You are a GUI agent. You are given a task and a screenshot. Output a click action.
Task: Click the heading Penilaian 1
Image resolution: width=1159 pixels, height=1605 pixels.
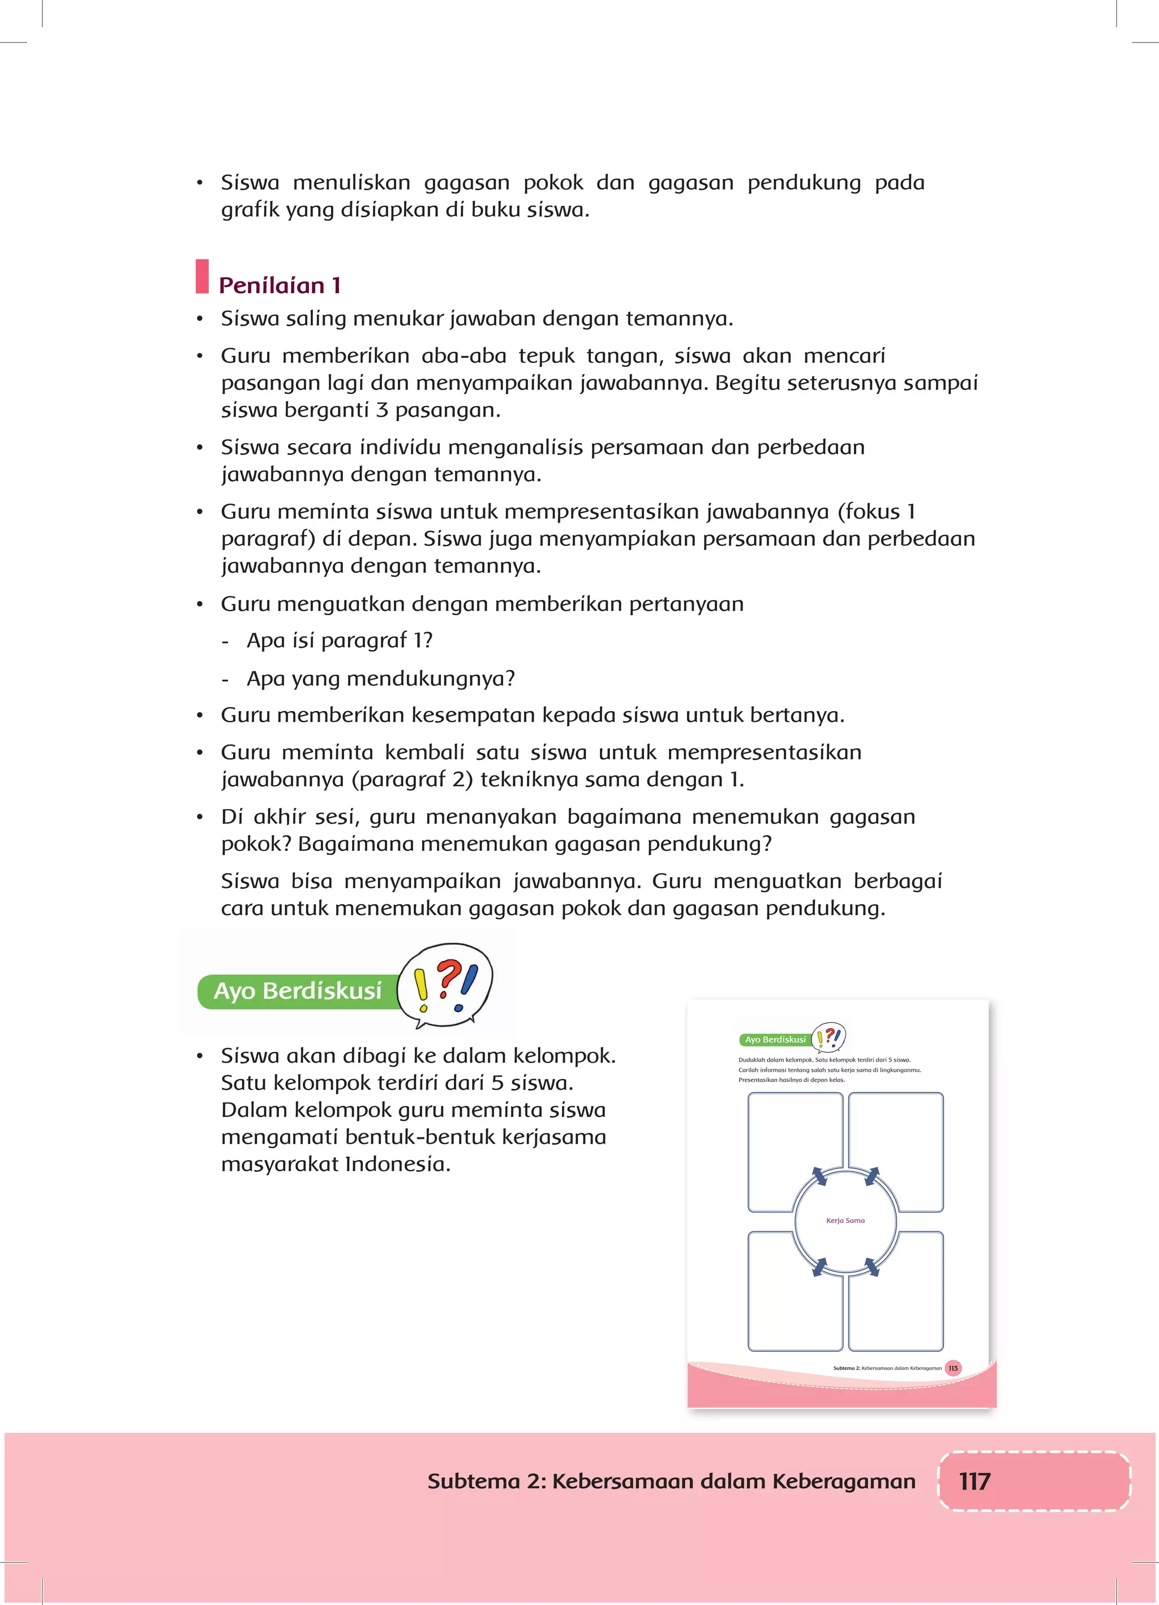click(x=280, y=285)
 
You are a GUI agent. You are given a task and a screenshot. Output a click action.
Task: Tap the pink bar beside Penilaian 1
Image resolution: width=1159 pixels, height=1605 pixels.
click(x=203, y=277)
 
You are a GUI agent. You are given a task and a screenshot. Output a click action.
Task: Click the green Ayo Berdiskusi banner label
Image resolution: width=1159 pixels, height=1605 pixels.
click(x=297, y=991)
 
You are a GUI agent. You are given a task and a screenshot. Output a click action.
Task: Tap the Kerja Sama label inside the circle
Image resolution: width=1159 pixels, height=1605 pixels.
click(x=845, y=1221)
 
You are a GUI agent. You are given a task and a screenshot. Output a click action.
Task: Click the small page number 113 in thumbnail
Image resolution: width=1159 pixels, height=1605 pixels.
click(x=953, y=1368)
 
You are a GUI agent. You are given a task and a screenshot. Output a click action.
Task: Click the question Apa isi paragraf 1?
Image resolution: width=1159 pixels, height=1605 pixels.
click(x=339, y=640)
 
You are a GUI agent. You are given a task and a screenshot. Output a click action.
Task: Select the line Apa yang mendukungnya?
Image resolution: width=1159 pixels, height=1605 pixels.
click(x=380, y=679)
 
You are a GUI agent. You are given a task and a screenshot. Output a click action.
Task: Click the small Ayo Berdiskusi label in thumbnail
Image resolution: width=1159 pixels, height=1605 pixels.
click(x=775, y=1039)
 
